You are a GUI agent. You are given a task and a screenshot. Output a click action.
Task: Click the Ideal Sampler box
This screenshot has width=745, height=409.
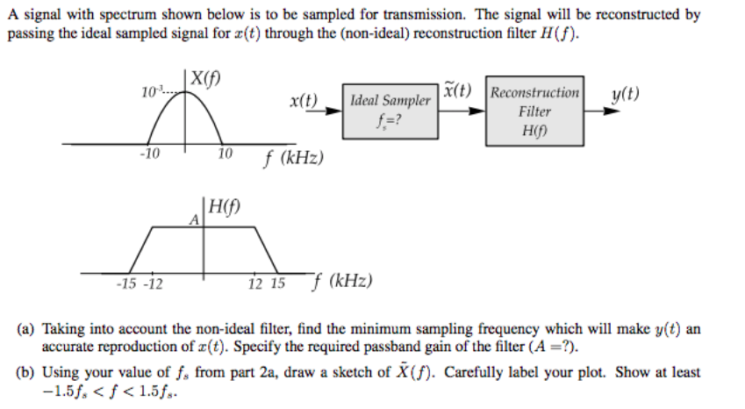pyautogui.click(x=390, y=110)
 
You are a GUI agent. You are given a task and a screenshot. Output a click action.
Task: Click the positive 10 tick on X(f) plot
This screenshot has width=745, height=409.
pyautogui.click(x=224, y=154)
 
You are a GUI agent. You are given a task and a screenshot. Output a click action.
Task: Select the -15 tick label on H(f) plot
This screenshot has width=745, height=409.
pyautogui.click(x=127, y=283)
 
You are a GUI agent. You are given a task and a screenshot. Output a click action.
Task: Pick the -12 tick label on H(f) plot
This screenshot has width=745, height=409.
pyautogui.click(x=153, y=283)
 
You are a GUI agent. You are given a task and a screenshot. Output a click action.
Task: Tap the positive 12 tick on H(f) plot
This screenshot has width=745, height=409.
pyautogui.click(x=255, y=283)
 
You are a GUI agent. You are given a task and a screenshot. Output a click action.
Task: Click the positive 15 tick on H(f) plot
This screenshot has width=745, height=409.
pyautogui.click(x=277, y=283)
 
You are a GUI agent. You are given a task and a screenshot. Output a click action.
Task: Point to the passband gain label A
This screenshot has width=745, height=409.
pyautogui.click(x=194, y=220)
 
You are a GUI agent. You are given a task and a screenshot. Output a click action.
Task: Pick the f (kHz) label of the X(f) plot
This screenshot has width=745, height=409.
pyautogui.click(x=294, y=159)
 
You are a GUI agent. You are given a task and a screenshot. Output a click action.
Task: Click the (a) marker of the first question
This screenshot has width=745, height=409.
pyautogui.click(x=26, y=329)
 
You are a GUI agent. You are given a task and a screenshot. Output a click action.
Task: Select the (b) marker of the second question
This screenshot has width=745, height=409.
pyautogui.click(x=26, y=371)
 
